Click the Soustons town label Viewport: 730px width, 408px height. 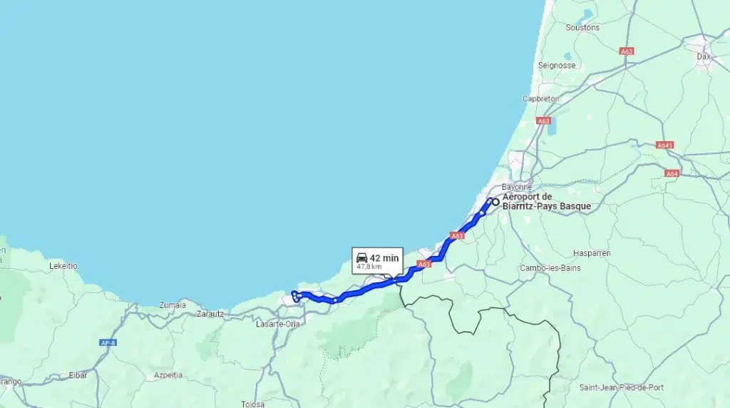(582, 28)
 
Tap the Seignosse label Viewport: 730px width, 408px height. (557, 65)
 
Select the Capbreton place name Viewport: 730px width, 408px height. (541, 99)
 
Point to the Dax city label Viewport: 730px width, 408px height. (704, 55)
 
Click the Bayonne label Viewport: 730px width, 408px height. (517, 187)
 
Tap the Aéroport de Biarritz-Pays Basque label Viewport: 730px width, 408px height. (546, 202)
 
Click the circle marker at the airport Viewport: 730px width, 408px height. (495, 202)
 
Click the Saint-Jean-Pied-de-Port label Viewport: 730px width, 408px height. (621, 387)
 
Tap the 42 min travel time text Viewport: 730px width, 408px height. (384, 257)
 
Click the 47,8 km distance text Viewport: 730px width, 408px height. (369, 267)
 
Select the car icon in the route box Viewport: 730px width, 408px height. (361, 257)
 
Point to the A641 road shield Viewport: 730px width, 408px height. (665, 146)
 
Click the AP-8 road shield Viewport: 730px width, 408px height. (108, 343)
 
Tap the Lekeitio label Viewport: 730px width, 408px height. (63, 266)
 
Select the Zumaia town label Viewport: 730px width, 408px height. (172, 305)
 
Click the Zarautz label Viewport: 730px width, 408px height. (210, 313)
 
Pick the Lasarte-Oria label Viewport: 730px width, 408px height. (277, 324)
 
